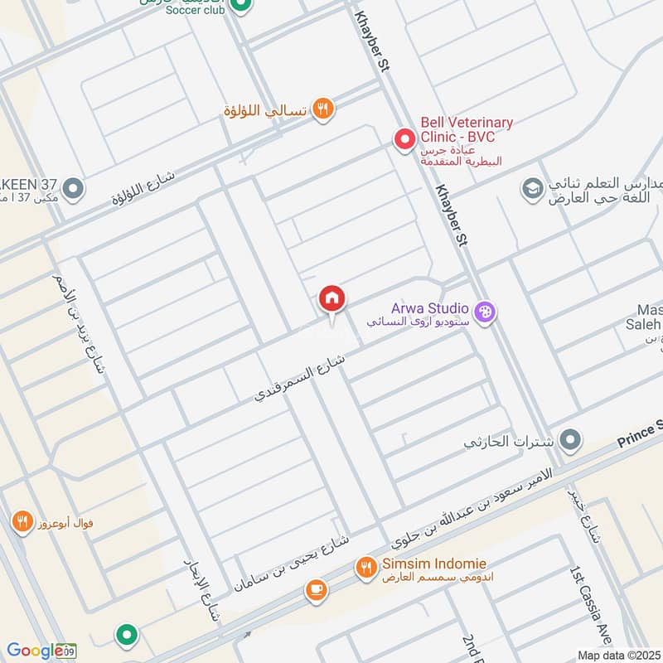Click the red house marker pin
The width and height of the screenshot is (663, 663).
click(332, 298)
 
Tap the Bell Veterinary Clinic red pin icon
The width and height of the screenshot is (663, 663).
click(404, 139)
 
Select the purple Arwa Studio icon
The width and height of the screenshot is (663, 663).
click(486, 312)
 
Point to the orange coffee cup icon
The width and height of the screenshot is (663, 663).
click(315, 589)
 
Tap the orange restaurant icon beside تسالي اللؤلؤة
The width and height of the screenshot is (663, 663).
click(323, 109)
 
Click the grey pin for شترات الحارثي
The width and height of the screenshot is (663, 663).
click(569, 440)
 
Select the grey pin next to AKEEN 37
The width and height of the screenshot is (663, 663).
click(74, 190)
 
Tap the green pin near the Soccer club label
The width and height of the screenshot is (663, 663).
click(240, 7)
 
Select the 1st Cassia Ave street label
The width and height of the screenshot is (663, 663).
click(590, 605)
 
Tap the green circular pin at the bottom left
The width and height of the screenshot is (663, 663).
click(126, 635)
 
